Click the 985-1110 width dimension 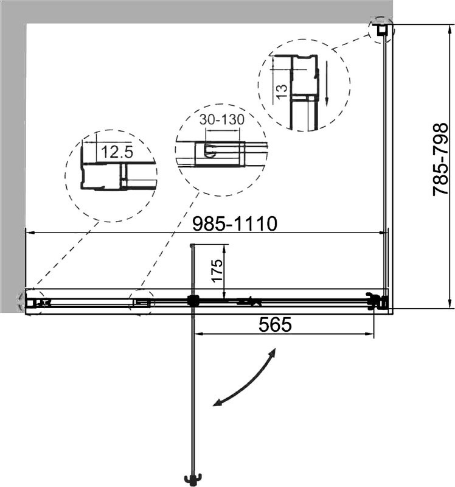tap(234, 223)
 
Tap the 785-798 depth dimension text tap(440, 159)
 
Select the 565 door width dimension tap(275, 324)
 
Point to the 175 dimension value tap(217, 270)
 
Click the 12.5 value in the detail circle tap(117, 152)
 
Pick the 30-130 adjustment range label tap(221, 119)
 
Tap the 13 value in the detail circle tap(282, 92)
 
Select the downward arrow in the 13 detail tap(327, 83)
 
